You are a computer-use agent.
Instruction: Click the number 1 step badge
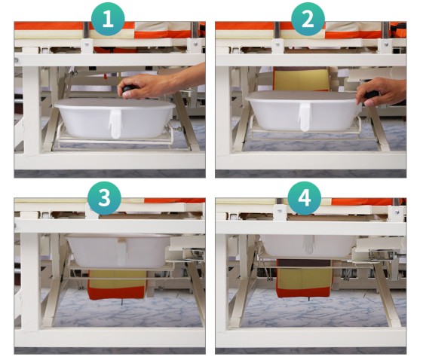108,19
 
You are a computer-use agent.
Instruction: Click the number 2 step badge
308,19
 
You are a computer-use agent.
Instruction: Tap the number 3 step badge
104,198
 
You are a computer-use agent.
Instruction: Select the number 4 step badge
305,198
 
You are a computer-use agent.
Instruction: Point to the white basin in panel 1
115,117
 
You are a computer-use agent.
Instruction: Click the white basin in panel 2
304,110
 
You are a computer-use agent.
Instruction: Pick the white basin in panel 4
308,246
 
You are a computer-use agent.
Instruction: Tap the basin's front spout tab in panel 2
305,117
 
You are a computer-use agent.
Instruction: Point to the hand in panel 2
382,92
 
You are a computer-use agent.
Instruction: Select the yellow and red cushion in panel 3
117,284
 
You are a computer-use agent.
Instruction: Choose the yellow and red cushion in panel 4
305,278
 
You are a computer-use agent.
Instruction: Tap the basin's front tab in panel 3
121,252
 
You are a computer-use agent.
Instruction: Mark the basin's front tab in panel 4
308,245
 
